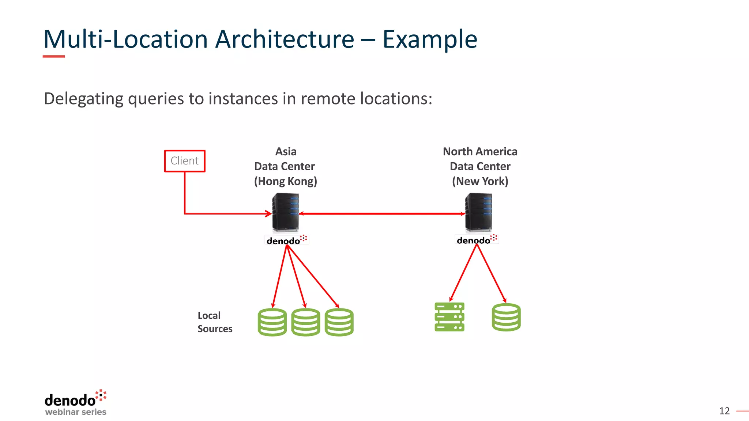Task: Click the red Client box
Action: (x=185, y=161)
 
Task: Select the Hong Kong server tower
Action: (x=286, y=212)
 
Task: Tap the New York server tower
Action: (x=479, y=212)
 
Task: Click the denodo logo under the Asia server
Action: (x=287, y=240)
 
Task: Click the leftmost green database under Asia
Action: (x=272, y=322)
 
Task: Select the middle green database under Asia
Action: (x=306, y=322)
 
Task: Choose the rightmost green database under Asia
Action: (x=339, y=322)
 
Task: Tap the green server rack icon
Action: (x=449, y=317)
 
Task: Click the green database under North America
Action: (x=506, y=317)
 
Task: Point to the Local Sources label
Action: (x=215, y=322)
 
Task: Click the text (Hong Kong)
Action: (x=286, y=181)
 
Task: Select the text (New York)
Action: (x=480, y=181)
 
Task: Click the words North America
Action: (x=480, y=151)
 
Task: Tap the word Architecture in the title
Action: (x=285, y=39)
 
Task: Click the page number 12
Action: (x=724, y=411)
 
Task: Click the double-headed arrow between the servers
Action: (x=382, y=213)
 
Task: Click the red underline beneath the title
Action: (x=54, y=56)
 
